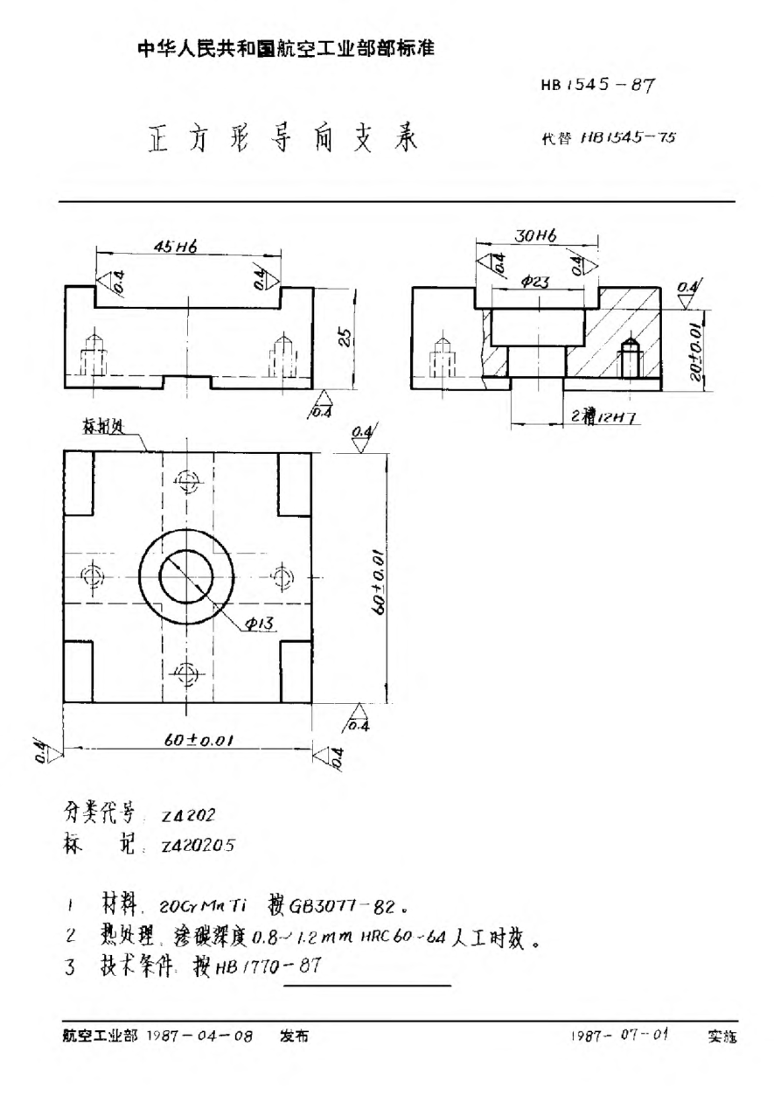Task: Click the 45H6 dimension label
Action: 174,247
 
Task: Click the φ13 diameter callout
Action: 261,622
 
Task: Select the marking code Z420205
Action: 198,847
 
